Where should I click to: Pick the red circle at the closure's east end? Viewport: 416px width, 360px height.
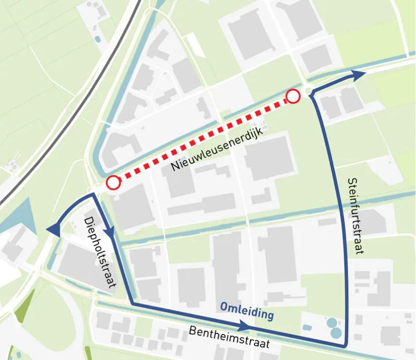tap(293, 96)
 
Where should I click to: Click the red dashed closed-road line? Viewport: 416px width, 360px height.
tap(203, 139)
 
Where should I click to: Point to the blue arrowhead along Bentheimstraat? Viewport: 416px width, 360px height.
tap(244, 326)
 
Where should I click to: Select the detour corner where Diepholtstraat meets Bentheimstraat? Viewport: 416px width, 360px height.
tap(132, 303)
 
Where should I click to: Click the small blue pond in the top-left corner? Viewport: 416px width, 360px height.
tap(97, 39)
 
